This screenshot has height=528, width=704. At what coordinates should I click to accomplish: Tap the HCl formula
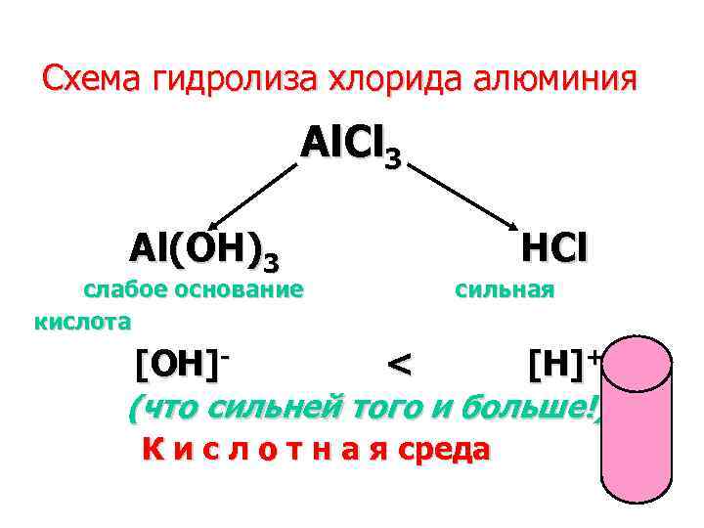554,249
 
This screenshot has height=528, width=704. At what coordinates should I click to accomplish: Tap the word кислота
82,319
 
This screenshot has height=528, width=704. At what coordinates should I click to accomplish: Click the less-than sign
398,366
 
